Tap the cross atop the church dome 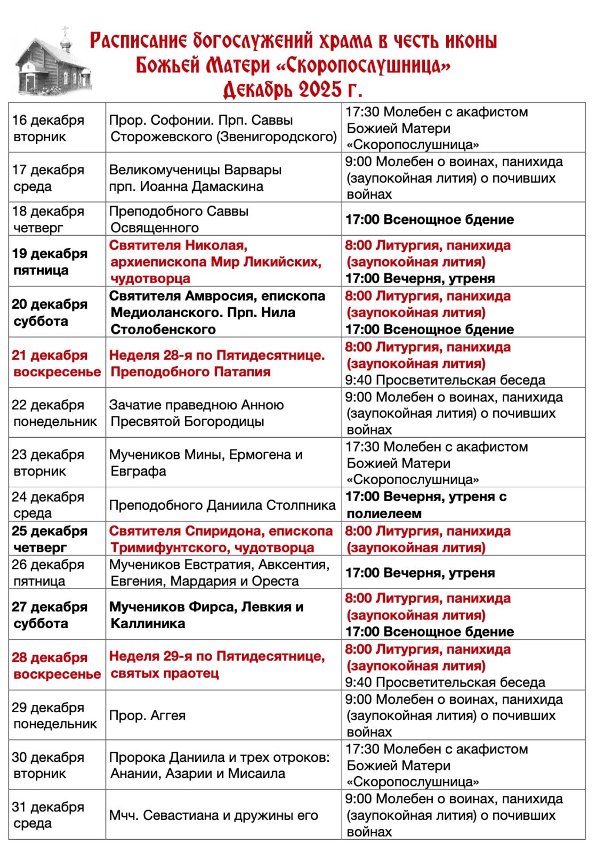[66, 30]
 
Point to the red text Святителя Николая [178, 246]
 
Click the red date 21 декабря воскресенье [56, 363]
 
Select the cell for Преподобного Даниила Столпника [222, 505]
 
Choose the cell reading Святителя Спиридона [221, 539]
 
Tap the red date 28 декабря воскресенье [56, 665]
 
